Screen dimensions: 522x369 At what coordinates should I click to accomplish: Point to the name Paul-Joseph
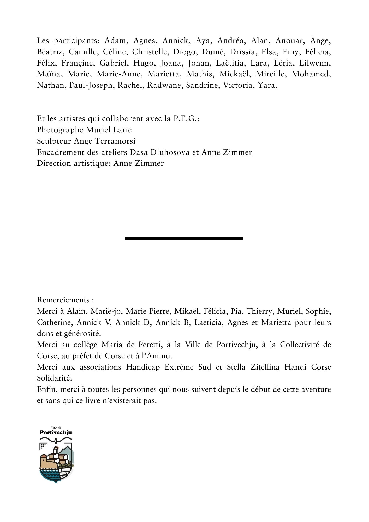(x=91, y=86)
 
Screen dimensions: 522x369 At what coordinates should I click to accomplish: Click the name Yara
(x=267, y=86)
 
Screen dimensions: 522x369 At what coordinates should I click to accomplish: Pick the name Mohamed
(x=311, y=74)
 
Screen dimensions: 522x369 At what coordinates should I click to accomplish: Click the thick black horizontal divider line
(x=184, y=238)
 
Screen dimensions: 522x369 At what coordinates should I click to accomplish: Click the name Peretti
(x=147, y=345)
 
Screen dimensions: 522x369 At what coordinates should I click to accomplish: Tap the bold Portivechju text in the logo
(x=56, y=432)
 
